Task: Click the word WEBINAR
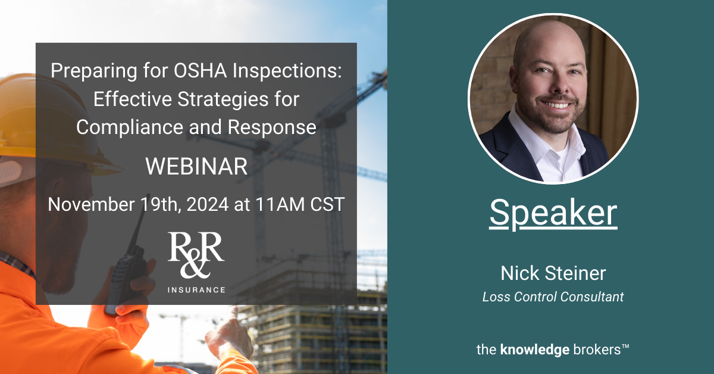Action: [x=196, y=167]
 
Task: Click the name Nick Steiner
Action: [x=553, y=273]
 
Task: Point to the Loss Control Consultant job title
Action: [x=553, y=297]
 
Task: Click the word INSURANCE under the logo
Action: [x=196, y=290]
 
